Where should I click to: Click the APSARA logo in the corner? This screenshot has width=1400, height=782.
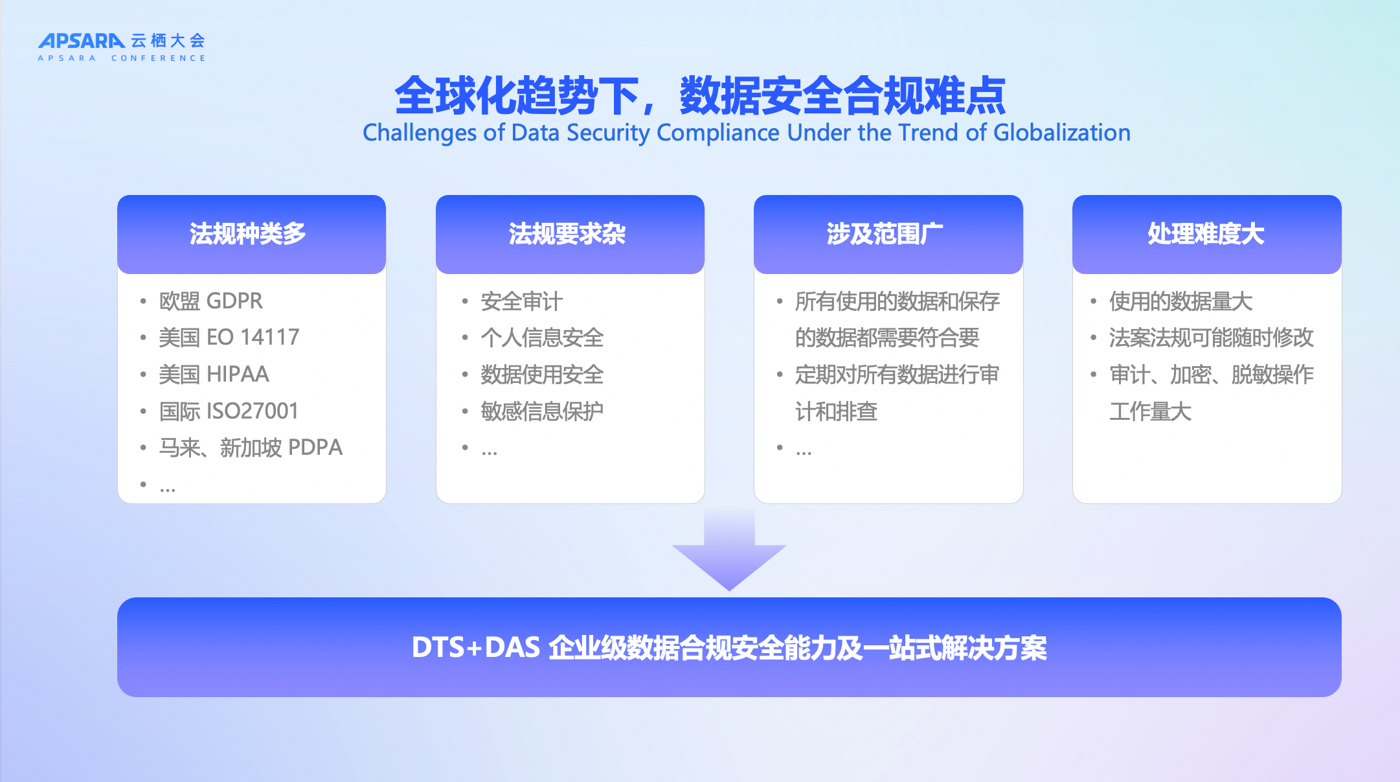[x=122, y=47]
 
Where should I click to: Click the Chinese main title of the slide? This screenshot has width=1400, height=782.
[x=700, y=95]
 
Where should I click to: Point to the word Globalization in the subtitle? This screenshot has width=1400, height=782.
[x=1062, y=133]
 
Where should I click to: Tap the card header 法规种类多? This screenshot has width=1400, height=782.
[x=247, y=234]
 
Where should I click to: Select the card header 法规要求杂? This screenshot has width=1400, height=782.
[x=567, y=234]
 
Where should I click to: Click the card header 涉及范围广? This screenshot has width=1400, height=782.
[x=885, y=234]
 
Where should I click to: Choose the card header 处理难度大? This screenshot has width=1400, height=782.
[x=1206, y=234]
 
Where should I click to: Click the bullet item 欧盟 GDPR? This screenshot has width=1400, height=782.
[x=211, y=301]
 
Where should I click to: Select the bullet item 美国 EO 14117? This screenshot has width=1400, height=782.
[x=229, y=338]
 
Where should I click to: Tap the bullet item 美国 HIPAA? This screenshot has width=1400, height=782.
[x=214, y=374]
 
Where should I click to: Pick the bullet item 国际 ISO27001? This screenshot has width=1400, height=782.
[x=229, y=411]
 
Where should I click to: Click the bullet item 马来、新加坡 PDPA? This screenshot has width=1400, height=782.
[x=251, y=448]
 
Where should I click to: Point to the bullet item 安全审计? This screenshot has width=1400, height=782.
[x=521, y=301]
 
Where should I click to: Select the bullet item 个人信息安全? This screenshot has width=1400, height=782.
[x=542, y=338]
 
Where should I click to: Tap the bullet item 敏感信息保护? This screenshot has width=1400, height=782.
[x=542, y=411]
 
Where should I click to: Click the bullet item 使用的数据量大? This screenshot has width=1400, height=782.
[x=1180, y=301]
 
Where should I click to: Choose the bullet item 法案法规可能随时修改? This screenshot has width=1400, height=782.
[x=1211, y=338]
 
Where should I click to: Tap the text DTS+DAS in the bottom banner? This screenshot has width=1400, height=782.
[x=476, y=647]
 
